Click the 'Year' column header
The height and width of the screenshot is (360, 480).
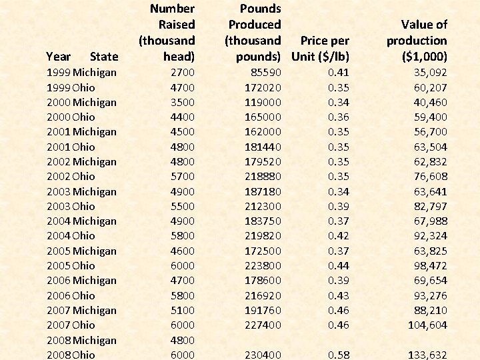tap(59, 57)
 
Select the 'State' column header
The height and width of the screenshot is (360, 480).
tap(103, 57)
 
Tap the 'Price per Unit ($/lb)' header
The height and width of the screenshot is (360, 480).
tap(321, 49)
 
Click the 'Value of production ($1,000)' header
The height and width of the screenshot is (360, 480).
tap(417, 41)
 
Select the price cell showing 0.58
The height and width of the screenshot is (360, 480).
tap(339, 355)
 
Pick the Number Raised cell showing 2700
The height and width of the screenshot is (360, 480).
tap(182, 73)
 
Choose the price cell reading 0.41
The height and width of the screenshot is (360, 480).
tap(339, 73)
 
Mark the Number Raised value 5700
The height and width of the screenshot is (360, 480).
tap(182, 177)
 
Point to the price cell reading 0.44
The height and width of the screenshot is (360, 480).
tap(339, 265)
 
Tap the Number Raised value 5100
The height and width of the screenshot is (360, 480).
tap(182, 310)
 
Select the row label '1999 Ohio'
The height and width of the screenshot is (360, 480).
tap(71, 87)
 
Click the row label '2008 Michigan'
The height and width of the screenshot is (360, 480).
tap(81, 340)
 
